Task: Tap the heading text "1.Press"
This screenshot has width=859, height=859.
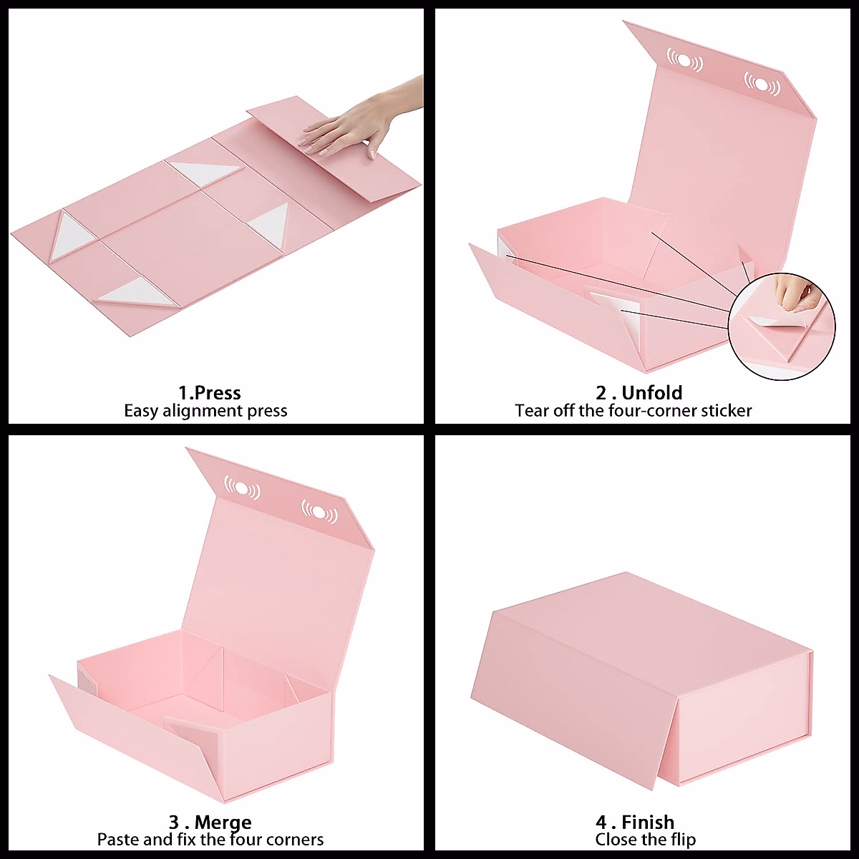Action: [209, 392]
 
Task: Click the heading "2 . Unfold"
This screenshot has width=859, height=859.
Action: [639, 392]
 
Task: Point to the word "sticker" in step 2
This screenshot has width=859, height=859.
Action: [726, 411]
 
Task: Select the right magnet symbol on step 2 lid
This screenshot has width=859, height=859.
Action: [762, 84]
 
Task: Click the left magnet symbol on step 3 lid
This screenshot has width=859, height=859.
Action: [242, 487]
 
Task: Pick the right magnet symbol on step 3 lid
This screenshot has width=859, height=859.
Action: [319, 512]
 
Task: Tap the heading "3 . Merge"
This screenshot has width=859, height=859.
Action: [210, 822]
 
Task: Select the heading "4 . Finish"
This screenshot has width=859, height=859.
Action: [634, 822]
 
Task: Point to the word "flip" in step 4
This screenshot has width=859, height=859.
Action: [681, 839]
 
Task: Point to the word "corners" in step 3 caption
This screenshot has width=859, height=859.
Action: [295, 839]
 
